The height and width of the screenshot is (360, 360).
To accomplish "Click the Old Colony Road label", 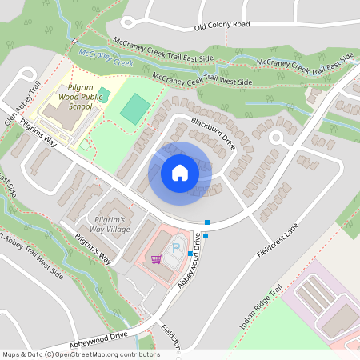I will [x=222, y=25].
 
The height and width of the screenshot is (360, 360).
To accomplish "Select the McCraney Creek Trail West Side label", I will [x=202, y=79].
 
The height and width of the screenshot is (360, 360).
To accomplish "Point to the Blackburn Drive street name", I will [x=212, y=135].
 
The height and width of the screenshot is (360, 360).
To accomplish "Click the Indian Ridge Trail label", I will [x=262, y=310].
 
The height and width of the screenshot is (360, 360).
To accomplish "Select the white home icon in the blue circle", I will [x=180, y=172].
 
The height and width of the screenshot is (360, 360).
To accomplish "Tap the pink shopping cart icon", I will [x=156, y=259].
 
